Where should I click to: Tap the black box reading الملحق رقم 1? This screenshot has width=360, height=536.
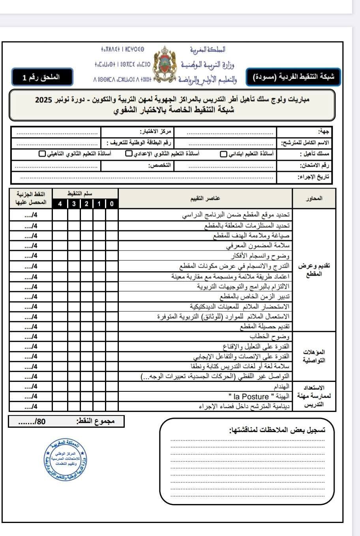pyautogui.click(x=42, y=77)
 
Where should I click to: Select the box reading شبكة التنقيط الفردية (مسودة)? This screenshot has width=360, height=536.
pyautogui.click(x=293, y=77)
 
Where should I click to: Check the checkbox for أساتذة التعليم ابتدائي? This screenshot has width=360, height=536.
pyautogui.click(x=223, y=154)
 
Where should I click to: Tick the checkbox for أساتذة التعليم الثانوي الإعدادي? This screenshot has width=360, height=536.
pyautogui.click(x=129, y=154)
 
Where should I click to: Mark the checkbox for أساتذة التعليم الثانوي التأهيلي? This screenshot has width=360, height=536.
pyautogui.click(x=42, y=154)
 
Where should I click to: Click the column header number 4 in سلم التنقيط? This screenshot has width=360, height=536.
pyautogui.click(x=60, y=204)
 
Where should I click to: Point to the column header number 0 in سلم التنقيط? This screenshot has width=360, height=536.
pyautogui.click(x=112, y=204)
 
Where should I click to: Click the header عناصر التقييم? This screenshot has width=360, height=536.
pyautogui.click(x=205, y=198)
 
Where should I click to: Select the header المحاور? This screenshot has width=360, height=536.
pyautogui.click(x=314, y=198)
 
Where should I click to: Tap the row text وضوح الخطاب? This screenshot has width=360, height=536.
pyautogui.click(x=270, y=337)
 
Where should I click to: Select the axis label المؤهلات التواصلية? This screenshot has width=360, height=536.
pyautogui.click(x=314, y=356)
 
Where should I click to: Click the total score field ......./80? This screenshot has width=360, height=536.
pyautogui.click(x=32, y=421)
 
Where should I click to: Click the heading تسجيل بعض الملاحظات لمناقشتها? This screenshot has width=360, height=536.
pyautogui.click(x=277, y=430)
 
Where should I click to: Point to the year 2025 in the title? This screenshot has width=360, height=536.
pyautogui.click(x=44, y=100)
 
